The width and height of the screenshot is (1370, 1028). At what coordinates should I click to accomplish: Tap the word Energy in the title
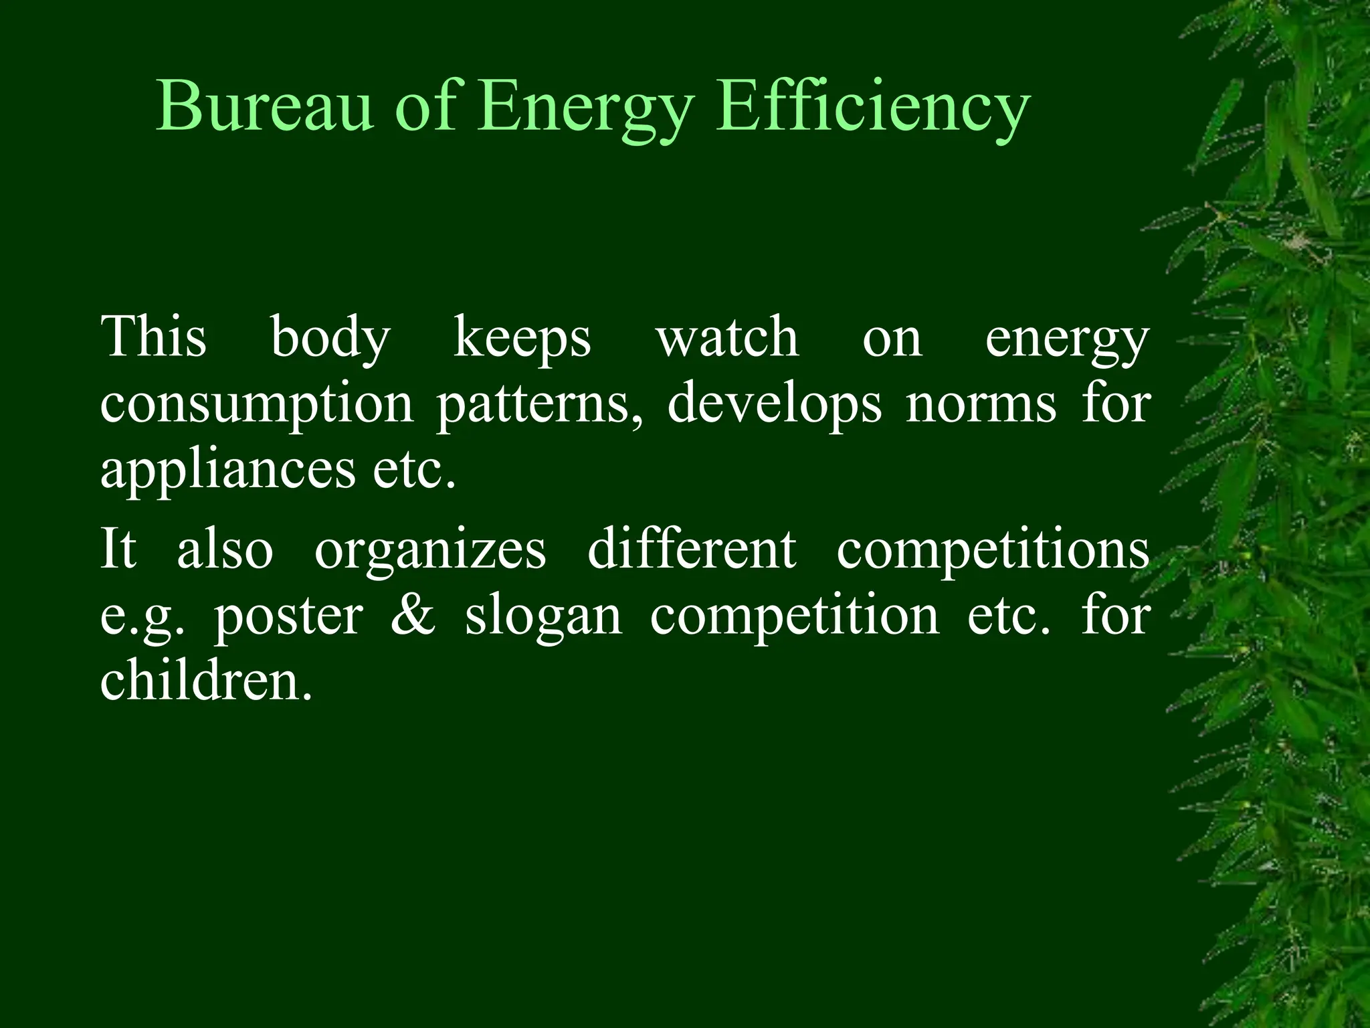point(582,107)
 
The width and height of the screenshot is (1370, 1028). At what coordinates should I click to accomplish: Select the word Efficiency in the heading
point(873,107)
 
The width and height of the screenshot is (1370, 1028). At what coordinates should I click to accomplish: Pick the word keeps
point(522,338)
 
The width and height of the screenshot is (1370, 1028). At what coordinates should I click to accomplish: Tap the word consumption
point(257,405)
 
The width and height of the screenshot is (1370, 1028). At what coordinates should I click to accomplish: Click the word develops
point(775,405)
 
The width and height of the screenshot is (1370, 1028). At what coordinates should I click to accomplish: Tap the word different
point(692,549)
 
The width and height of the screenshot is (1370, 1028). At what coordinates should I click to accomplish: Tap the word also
point(225,549)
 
